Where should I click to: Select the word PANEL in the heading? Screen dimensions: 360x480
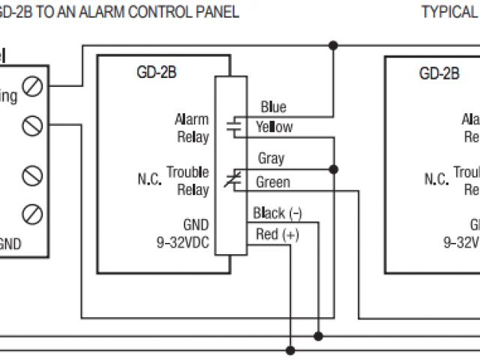point(218,11)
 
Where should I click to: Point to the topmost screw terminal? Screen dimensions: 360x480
point(32,87)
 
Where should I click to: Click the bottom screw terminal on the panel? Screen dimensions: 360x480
point(32,211)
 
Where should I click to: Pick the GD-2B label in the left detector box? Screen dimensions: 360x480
point(156,73)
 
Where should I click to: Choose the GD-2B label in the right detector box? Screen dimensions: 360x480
point(439,73)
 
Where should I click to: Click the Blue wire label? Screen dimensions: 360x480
point(273,107)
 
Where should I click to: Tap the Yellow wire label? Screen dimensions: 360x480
point(274,127)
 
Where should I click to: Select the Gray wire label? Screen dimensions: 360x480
point(271,158)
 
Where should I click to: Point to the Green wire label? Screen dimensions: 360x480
point(273,181)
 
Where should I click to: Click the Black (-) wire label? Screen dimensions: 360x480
point(277,212)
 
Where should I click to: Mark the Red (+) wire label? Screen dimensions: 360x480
point(277,235)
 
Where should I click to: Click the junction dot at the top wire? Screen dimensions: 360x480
point(334,46)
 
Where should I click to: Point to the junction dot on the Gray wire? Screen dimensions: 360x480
point(334,169)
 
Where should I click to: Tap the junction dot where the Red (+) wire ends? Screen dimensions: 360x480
point(290,349)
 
